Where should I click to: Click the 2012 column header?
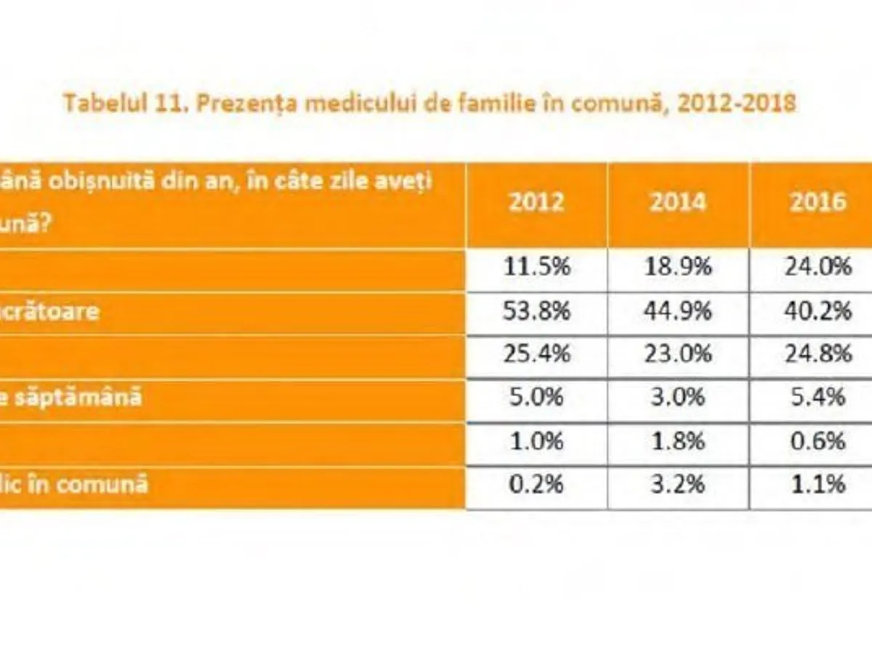[x=536, y=201]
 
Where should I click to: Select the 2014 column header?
[x=677, y=201]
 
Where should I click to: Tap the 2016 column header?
[x=818, y=201]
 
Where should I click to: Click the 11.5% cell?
[x=536, y=267]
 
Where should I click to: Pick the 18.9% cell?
[x=677, y=267]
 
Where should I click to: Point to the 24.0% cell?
[x=818, y=267]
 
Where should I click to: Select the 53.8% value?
[x=536, y=311]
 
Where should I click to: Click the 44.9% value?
[x=677, y=311]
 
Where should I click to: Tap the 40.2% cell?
[x=818, y=311]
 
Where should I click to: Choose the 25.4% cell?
[x=536, y=355]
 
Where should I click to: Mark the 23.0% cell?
[x=677, y=355]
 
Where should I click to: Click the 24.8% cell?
[x=818, y=355]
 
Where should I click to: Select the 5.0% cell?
[x=536, y=398]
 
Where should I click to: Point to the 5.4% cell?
[x=818, y=398]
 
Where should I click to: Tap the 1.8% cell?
[x=677, y=442]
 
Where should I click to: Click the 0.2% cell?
[x=536, y=484]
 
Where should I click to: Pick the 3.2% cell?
[x=677, y=484]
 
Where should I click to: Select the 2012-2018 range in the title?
[x=735, y=103]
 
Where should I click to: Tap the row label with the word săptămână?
[x=71, y=398]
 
